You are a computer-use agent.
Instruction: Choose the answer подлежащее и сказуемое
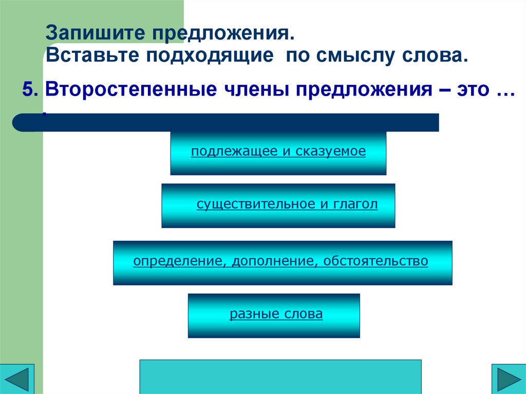[x=278, y=152]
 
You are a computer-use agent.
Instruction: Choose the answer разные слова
[x=276, y=314]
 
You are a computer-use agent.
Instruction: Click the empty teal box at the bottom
[x=280, y=377]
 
